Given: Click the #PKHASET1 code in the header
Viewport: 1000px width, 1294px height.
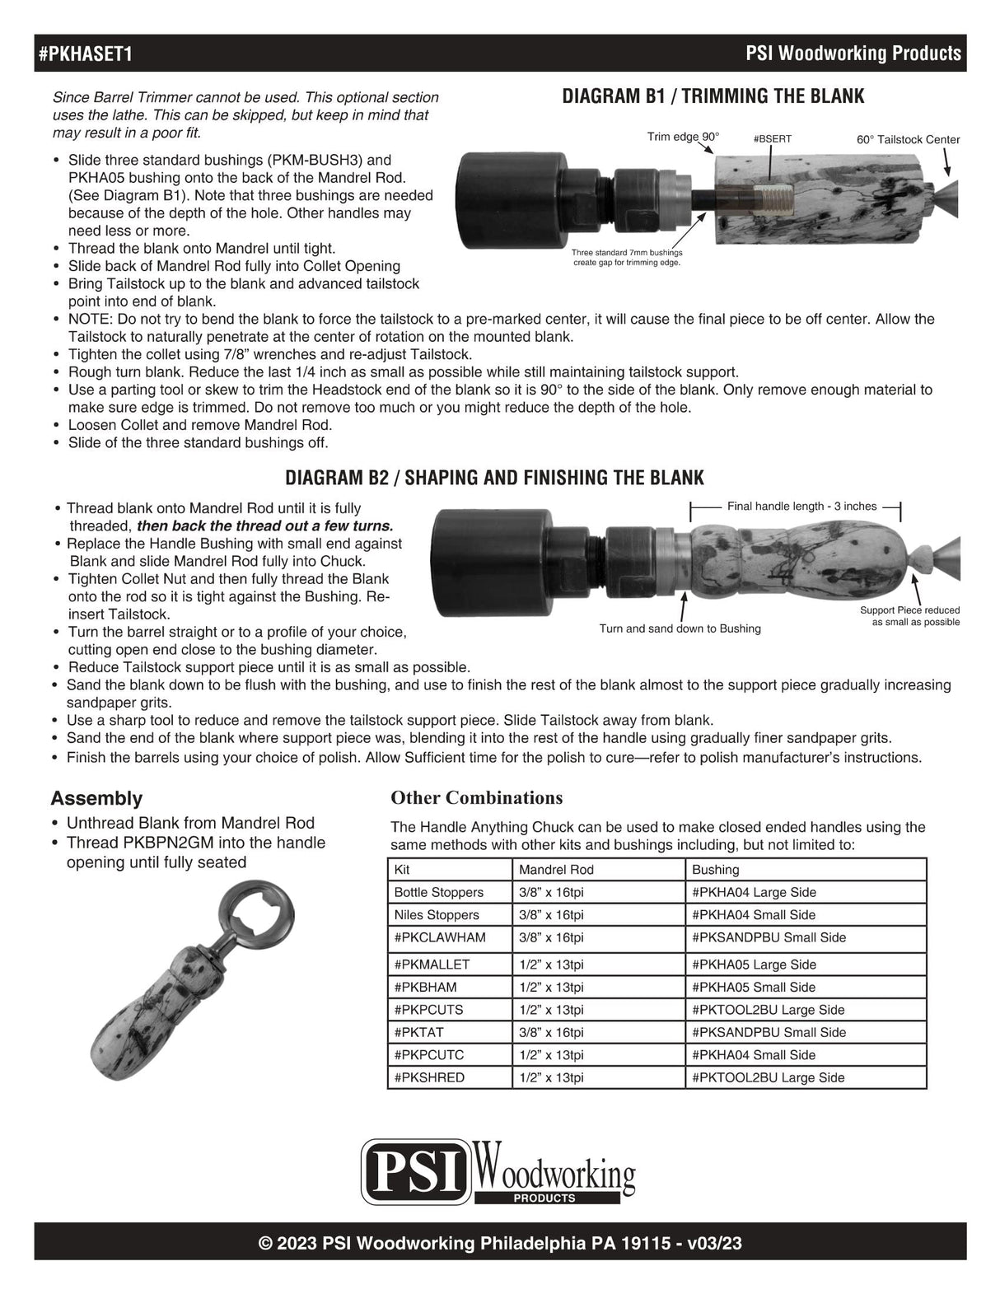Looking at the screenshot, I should click(86, 54).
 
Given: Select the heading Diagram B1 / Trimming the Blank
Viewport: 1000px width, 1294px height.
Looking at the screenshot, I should click(713, 96).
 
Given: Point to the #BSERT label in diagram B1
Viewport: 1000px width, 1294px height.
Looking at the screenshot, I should click(772, 139).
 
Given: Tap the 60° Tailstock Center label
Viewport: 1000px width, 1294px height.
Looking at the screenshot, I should click(908, 139).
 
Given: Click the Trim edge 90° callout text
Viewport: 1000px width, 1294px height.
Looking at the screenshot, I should click(683, 136).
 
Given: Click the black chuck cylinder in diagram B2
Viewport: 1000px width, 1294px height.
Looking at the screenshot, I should click(487, 562).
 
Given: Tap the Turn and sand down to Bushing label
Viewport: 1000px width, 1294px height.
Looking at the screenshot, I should click(680, 628).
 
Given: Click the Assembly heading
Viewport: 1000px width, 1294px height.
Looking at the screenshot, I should click(96, 798).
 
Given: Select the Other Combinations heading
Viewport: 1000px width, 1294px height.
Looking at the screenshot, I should click(476, 797).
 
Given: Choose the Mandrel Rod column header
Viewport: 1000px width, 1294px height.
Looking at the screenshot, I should click(556, 869).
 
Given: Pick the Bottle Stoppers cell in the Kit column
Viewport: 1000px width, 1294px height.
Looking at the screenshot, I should click(439, 892).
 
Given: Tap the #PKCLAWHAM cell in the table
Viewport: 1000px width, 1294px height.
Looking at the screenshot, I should click(440, 937).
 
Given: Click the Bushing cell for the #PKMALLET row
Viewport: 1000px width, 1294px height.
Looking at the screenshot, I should click(754, 964).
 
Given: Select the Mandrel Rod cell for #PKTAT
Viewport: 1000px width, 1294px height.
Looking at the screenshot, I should click(551, 1032).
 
